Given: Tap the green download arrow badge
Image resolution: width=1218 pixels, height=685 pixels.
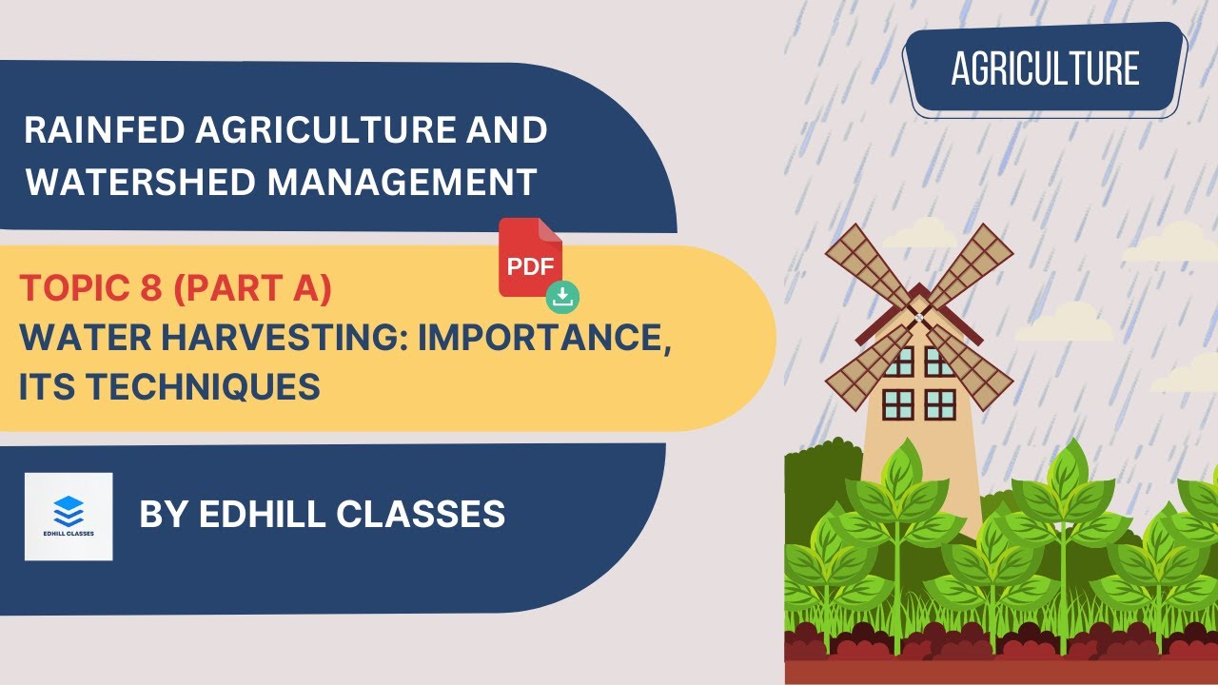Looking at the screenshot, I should pyautogui.click(x=563, y=297).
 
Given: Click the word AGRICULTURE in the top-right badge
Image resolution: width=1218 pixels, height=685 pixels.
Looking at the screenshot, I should pyautogui.click(x=1045, y=68).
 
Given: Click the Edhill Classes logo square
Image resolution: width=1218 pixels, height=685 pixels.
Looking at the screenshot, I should pyautogui.click(x=69, y=516).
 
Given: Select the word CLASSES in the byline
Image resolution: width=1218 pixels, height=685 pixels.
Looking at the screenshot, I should pyautogui.click(x=428, y=515).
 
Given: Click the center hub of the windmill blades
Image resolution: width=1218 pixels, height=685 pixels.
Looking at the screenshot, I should pyautogui.click(x=918, y=316).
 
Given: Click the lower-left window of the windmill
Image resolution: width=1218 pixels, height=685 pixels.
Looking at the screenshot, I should pyautogui.click(x=897, y=403).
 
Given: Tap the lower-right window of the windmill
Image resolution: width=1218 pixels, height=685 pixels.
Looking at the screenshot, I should pyautogui.click(x=940, y=403).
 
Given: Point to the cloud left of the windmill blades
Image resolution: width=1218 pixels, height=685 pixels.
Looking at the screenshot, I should pyautogui.click(x=918, y=233).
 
